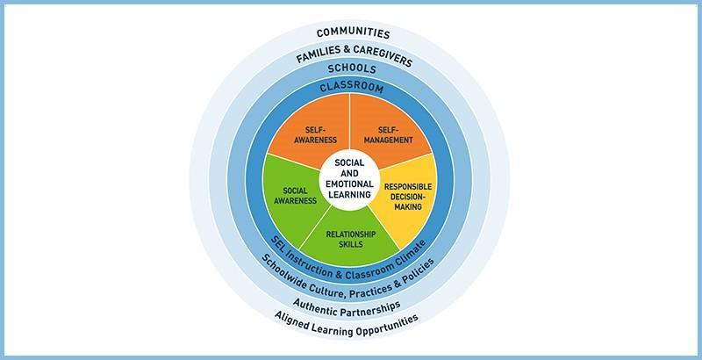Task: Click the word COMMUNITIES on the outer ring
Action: point(354,33)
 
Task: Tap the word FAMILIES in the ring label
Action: point(319,54)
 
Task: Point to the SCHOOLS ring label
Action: point(352,68)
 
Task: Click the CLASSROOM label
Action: point(352,86)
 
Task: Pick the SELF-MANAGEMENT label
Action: point(388,134)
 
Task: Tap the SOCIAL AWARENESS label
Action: point(295,196)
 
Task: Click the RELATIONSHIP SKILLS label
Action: point(350,239)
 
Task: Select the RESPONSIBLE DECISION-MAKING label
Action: point(408,197)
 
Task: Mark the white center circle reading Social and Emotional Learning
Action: point(349,178)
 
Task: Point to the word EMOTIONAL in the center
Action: point(349,184)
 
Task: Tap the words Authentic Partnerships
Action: point(347,308)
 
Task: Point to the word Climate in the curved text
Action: point(410,253)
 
